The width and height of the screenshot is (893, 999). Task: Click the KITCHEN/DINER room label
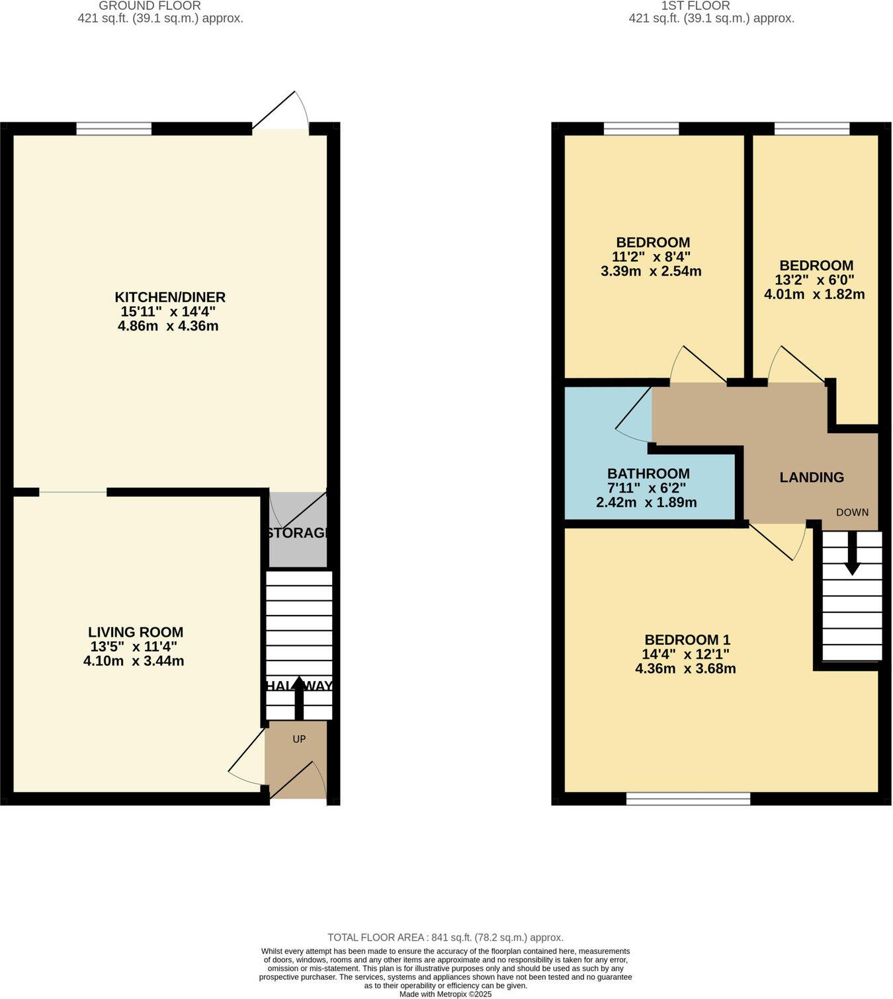(x=170, y=297)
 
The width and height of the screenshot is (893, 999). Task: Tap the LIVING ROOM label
(x=136, y=632)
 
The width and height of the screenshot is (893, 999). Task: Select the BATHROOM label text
(x=648, y=473)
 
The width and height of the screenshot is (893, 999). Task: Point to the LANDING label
(x=812, y=477)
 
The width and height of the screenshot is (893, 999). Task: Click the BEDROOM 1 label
(x=687, y=639)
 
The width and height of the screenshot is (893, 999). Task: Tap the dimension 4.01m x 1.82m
(x=814, y=294)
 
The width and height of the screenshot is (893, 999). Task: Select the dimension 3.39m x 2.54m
(x=651, y=271)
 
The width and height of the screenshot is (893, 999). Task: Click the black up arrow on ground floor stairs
(x=298, y=698)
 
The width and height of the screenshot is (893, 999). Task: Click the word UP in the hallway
(x=299, y=739)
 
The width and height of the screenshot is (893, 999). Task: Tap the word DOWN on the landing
(x=852, y=512)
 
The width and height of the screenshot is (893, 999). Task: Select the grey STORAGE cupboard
(x=298, y=532)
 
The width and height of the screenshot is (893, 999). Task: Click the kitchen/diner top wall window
(x=114, y=129)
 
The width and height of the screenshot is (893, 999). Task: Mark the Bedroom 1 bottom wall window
(x=688, y=799)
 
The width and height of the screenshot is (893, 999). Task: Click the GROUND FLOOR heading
(x=149, y=6)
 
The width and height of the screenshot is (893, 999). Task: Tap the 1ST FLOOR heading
(x=695, y=6)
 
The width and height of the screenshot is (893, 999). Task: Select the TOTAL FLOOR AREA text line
(x=445, y=937)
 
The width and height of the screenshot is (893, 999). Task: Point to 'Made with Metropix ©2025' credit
(x=445, y=994)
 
